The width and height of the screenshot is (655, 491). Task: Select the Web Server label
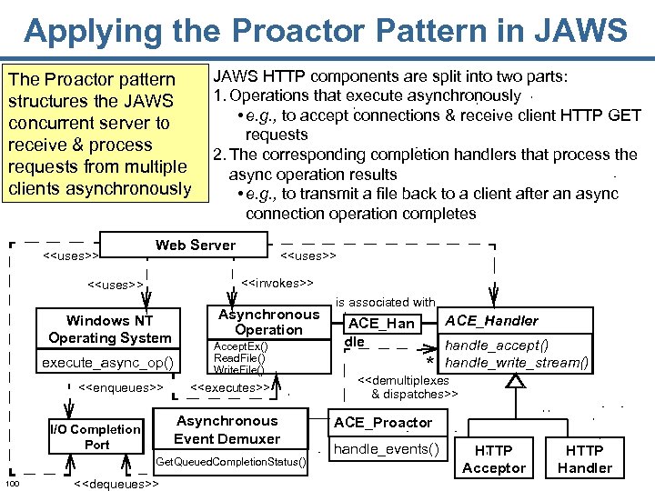click(x=195, y=245)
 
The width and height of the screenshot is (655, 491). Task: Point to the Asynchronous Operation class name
click(x=268, y=322)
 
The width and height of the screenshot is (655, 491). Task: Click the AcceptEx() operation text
click(x=240, y=346)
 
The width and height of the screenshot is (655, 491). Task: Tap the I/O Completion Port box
click(x=96, y=436)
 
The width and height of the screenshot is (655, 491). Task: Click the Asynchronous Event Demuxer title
click(x=227, y=429)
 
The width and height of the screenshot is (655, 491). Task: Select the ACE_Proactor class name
click(x=383, y=423)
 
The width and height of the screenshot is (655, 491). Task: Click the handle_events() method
click(x=387, y=448)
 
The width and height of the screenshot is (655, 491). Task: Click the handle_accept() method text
click(x=497, y=345)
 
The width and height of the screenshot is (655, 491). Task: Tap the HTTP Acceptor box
click(x=494, y=459)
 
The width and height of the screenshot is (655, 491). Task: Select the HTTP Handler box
click(x=584, y=459)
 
